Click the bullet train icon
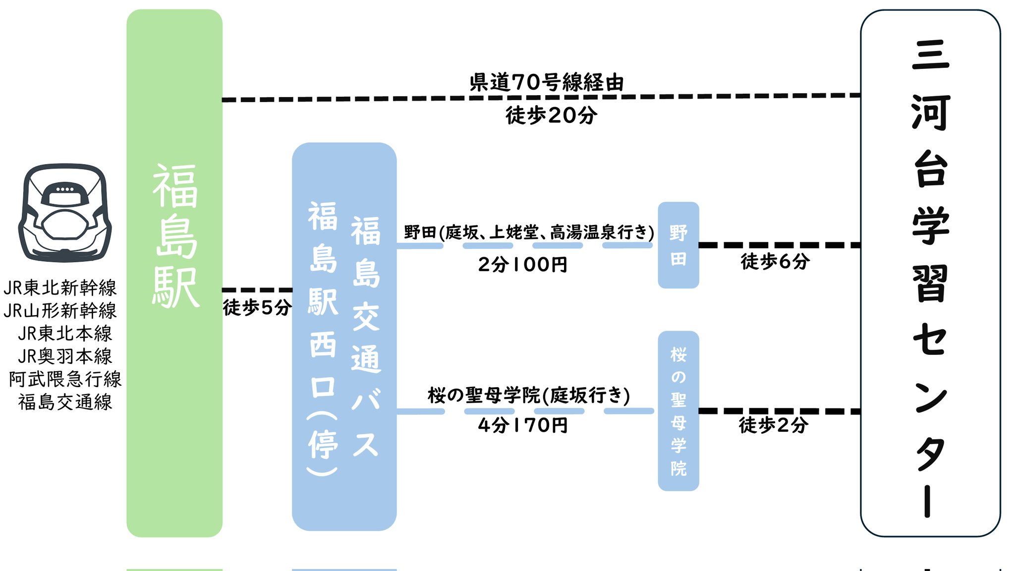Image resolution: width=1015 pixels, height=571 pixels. [65, 213]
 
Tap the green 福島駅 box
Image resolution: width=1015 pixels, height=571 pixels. [174, 273]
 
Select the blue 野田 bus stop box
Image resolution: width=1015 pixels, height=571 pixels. [678, 245]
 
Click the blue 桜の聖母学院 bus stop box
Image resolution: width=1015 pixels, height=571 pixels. [678, 410]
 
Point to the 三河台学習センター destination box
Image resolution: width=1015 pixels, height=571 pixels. [930, 273]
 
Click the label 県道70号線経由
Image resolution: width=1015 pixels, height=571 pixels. [546, 82]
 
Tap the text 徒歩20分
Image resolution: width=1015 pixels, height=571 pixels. [551, 115]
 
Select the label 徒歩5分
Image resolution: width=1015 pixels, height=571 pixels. [257, 307]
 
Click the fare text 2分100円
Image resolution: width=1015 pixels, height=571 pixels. [522, 265]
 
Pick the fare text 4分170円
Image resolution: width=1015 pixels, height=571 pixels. [522, 425]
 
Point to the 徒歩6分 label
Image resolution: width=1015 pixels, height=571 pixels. [775, 261]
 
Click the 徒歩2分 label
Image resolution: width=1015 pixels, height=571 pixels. [773, 425]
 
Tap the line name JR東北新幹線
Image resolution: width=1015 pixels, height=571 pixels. [60, 287]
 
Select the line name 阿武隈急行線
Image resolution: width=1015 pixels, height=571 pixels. [65, 379]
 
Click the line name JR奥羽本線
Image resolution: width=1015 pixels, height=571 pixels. [65, 356]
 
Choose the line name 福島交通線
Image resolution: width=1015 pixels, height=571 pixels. [65, 402]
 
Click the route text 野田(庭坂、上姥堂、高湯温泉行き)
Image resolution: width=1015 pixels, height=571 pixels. [529, 232]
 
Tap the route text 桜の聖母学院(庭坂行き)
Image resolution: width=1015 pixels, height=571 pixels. [529, 396]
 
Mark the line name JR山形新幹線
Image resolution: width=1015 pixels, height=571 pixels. [60, 311]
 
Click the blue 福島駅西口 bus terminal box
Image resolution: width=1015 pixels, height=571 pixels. [344, 337]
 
